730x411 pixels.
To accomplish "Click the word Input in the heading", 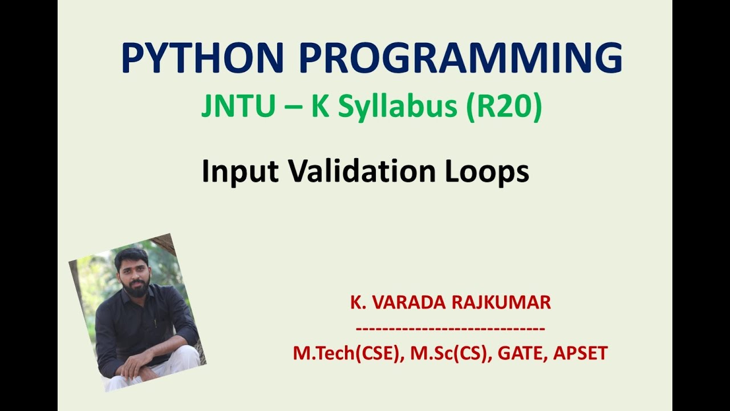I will click(x=240, y=172).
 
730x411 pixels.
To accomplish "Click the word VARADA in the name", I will click(x=409, y=303).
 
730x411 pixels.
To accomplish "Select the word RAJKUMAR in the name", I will click(x=501, y=303).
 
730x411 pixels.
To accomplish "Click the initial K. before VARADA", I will click(x=358, y=303).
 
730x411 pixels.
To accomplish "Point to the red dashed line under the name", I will click(x=450, y=328).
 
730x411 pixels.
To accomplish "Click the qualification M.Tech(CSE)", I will click(x=345, y=353).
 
